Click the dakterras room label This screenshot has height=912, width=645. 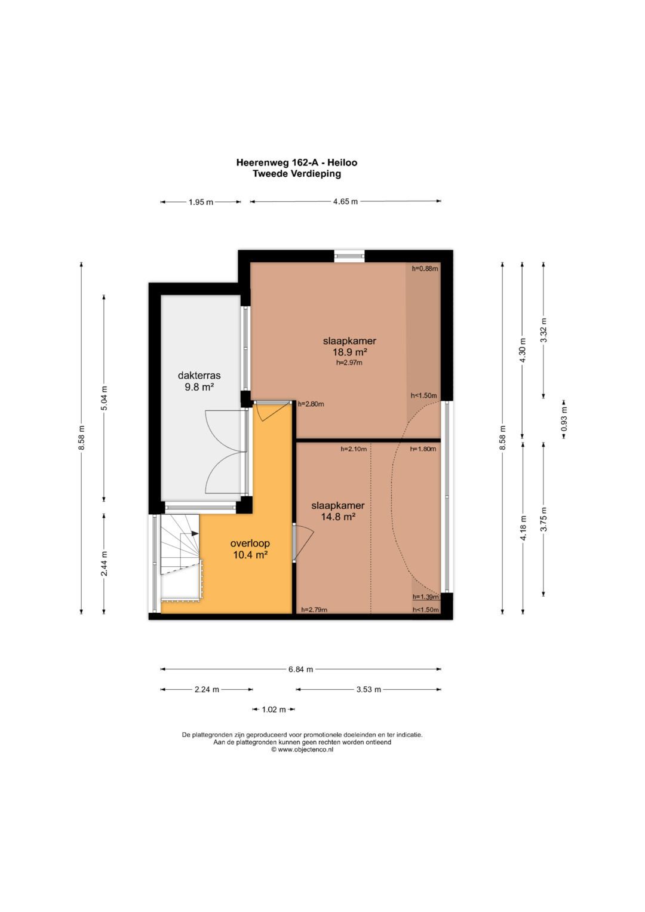click(x=199, y=375)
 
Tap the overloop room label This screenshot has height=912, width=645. click(x=250, y=543)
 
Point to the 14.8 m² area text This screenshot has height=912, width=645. click(x=339, y=517)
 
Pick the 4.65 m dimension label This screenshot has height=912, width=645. click(x=345, y=201)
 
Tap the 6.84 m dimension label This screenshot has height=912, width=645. click(x=300, y=669)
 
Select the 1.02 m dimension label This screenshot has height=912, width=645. click(x=274, y=710)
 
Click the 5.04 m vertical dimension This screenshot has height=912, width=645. click(x=105, y=398)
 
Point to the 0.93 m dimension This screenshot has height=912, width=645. click(x=564, y=418)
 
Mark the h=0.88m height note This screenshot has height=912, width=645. click(x=425, y=268)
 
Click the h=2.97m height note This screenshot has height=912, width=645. click(x=349, y=363)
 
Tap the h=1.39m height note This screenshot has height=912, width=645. click(x=426, y=597)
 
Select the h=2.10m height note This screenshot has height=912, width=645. click(x=354, y=449)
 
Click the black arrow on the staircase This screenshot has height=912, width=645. click(x=195, y=533)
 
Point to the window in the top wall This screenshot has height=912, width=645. click(x=349, y=256)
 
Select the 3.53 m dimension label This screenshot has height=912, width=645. click(x=368, y=689)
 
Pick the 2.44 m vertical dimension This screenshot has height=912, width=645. click(x=105, y=564)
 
